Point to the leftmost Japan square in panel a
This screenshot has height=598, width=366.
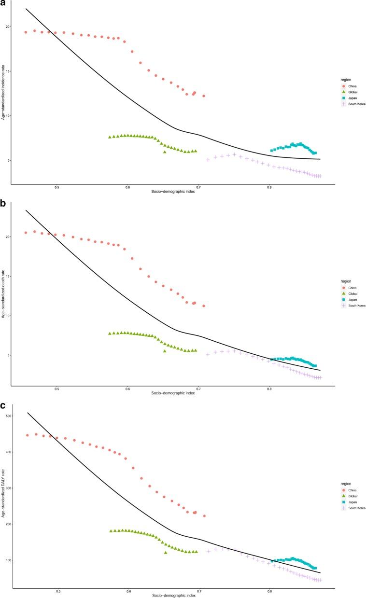pyautogui.click(x=272, y=151)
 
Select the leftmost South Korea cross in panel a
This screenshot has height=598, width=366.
pyautogui.click(x=208, y=160)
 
